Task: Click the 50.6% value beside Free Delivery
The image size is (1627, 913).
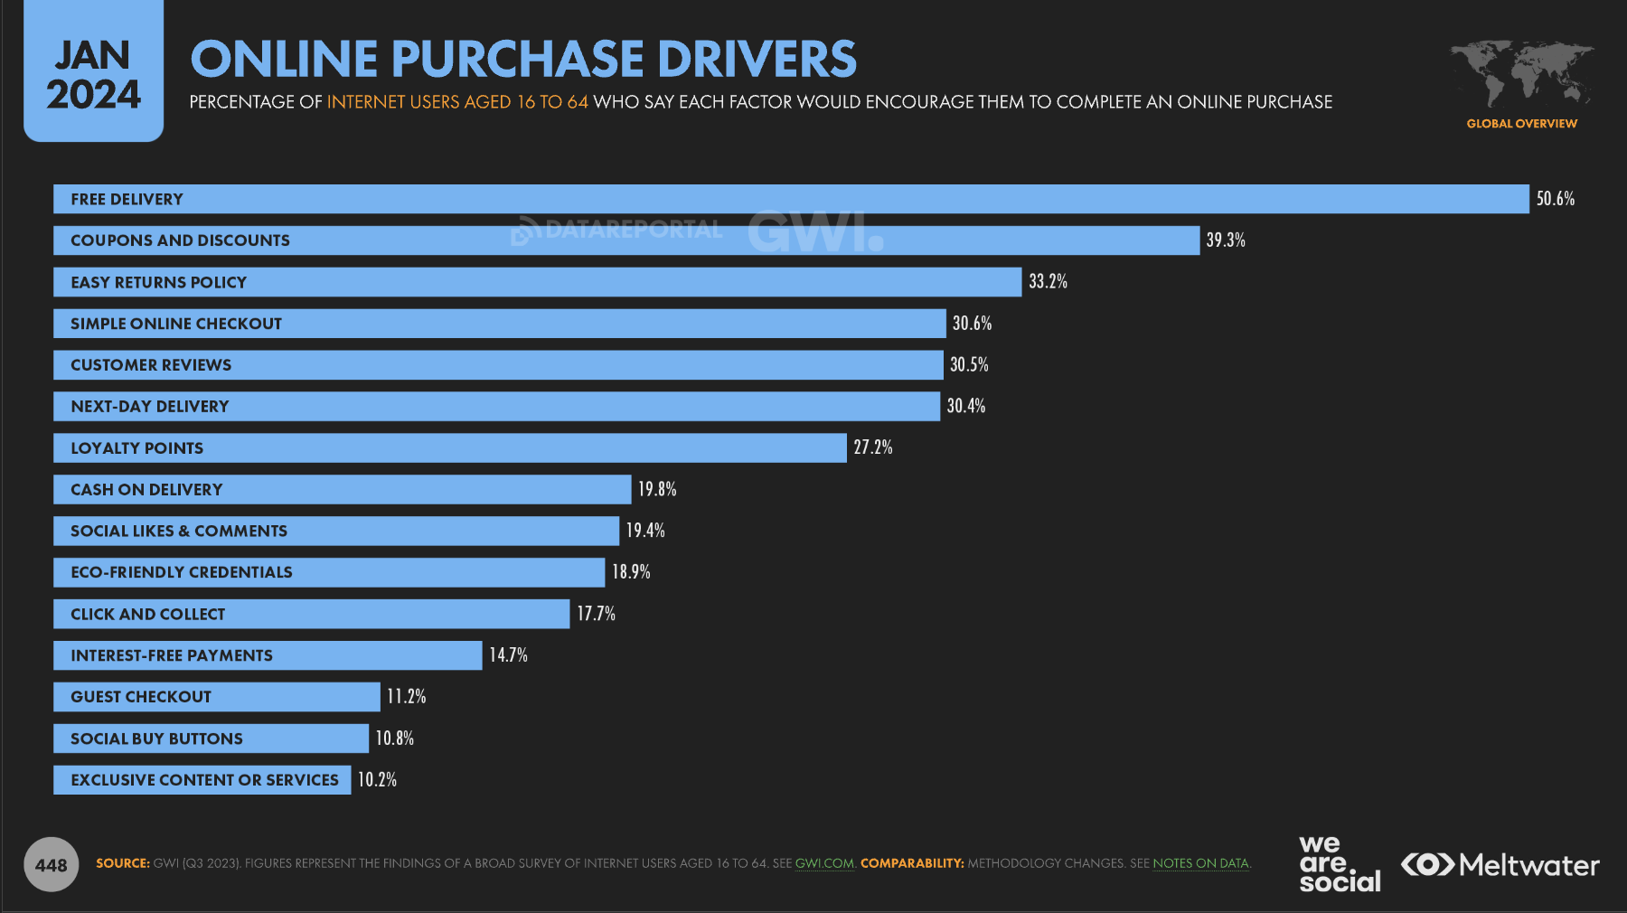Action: pyautogui.click(x=1555, y=199)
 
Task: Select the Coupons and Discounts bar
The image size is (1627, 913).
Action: pyautogui.click(x=625, y=240)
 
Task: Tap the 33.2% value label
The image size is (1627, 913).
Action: pyautogui.click(x=1048, y=282)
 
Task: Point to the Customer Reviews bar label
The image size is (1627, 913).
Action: pyautogui.click(x=151, y=365)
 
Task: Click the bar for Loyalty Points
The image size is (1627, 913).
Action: pyautogui.click(x=449, y=448)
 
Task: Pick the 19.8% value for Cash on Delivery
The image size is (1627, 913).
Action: pyautogui.click(x=657, y=489)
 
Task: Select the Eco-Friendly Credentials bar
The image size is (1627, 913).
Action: pyautogui.click(x=329, y=572)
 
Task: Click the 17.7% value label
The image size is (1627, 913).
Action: pyautogui.click(x=596, y=614)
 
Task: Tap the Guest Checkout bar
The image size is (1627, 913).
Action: pyautogui.click(x=216, y=697)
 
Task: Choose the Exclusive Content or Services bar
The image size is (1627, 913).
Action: pyautogui.click(x=202, y=780)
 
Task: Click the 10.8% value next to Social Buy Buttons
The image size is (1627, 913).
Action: pyautogui.click(x=394, y=739)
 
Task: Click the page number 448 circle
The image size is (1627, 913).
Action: pyautogui.click(x=51, y=865)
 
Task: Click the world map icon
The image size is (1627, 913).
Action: pyautogui.click(x=1521, y=72)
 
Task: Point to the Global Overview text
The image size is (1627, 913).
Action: pyautogui.click(x=1521, y=124)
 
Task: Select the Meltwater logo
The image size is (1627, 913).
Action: pyautogui.click(x=1500, y=865)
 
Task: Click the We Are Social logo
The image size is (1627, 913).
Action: pyautogui.click(x=1339, y=864)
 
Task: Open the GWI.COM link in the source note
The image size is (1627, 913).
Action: pyautogui.click(x=823, y=863)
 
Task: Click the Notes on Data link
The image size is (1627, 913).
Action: pyautogui.click(x=1200, y=863)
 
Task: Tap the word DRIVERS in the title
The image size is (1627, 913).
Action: pyautogui.click(x=757, y=60)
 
